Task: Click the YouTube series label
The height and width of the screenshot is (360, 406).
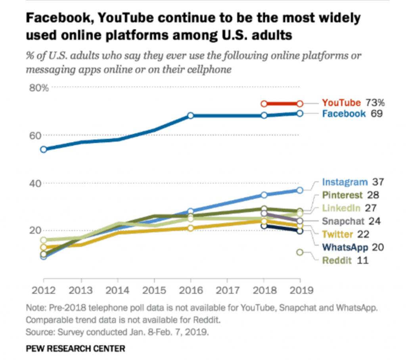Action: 341,103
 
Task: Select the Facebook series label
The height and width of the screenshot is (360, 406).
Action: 343,114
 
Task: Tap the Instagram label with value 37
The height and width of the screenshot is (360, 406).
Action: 345,182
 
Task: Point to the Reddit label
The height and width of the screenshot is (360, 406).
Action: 337,260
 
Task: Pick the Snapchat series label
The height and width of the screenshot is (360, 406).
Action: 343,221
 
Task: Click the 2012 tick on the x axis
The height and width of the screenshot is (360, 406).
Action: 43,289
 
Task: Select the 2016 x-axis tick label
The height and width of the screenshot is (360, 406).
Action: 190,289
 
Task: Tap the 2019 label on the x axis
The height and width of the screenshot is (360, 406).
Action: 300,289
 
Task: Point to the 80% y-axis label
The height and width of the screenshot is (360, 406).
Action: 39,88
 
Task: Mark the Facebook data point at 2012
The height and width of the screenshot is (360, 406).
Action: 43,149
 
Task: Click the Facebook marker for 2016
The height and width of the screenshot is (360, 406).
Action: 190,115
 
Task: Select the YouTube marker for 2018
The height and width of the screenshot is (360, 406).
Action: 264,103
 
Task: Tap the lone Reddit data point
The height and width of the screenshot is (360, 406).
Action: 300,252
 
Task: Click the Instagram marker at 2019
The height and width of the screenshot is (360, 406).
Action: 300,190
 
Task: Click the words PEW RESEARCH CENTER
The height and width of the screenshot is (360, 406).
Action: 75,349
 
